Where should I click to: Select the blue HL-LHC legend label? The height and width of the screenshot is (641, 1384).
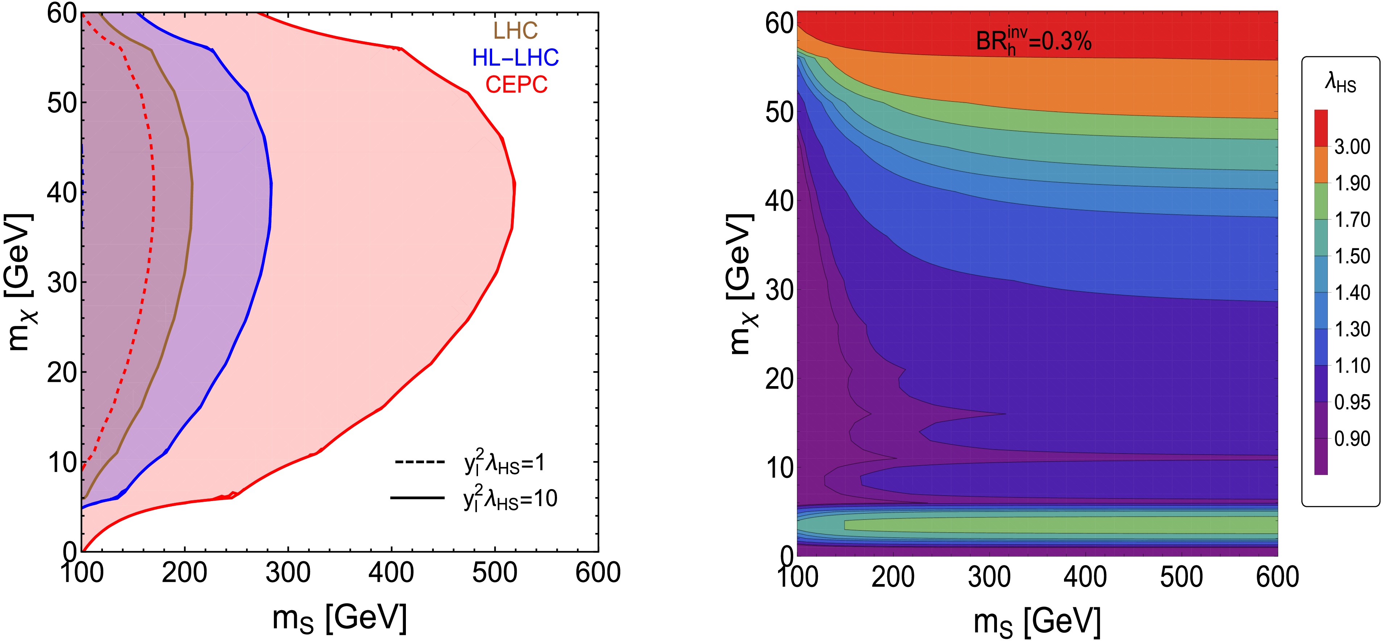tap(515, 58)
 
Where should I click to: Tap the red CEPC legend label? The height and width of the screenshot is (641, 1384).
tap(516, 84)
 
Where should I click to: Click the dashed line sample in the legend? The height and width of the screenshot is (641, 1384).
tap(420, 462)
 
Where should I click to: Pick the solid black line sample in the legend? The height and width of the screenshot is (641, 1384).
tap(417, 498)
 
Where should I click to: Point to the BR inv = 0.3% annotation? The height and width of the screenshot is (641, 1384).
tap(1033, 41)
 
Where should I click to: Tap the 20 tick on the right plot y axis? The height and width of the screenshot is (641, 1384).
tap(779, 379)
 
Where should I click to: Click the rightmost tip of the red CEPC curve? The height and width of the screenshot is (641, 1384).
tap(515, 184)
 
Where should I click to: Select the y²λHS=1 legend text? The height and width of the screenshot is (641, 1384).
tap(505, 463)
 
